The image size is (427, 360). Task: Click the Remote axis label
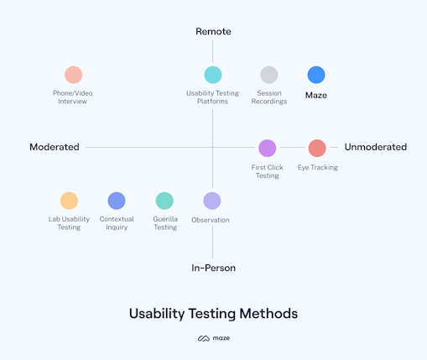[213, 32]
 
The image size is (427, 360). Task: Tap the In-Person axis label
[213, 268]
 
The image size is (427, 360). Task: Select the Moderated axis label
[55, 147]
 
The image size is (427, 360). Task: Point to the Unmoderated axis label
[375, 147]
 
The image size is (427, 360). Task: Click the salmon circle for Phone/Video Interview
[74, 75]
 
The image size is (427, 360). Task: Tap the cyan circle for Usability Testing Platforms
[213, 75]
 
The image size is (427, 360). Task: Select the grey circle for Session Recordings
[269, 75]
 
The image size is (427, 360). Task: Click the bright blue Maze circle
[316, 75]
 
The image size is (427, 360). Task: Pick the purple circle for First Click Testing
[267, 149]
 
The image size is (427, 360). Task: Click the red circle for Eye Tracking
[317, 149]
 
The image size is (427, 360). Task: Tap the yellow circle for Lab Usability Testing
[69, 201]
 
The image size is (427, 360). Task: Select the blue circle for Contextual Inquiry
[117, 201]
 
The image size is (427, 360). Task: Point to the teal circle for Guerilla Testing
[164, 201]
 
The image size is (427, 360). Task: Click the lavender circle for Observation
[212, 201]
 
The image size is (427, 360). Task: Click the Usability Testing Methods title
[213, 314]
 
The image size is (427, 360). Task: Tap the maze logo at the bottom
[213, 338]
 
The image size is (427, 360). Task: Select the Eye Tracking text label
[318, 168]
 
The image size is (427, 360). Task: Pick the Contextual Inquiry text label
[117, 223]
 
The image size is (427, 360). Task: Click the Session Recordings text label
[269, 97]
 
